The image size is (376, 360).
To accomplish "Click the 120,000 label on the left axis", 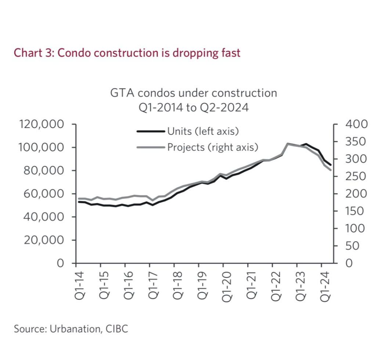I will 41,125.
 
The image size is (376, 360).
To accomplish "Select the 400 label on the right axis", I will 356,125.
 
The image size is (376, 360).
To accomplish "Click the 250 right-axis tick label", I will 356,177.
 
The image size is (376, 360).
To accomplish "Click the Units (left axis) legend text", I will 203,131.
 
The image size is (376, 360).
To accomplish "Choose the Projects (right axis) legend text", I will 213,147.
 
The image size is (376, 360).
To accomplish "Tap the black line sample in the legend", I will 151,131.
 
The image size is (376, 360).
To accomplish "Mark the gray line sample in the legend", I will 151,147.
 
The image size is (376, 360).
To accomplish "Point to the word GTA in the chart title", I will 120,93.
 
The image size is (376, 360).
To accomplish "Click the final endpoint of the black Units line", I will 331,165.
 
